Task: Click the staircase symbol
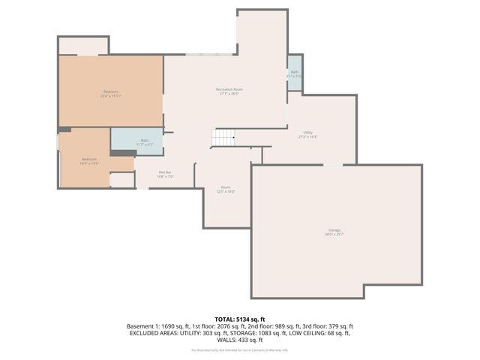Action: click(x=223, y=138)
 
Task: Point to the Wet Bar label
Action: click(x=166, y=175)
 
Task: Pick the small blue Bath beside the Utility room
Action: click(x=295, y=73)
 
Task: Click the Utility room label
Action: click(x=307, y=134)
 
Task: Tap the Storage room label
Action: click(x=334, y=232)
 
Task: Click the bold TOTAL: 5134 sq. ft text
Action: click(x=240, y=319)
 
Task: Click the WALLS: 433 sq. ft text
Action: click(x=240, y=339)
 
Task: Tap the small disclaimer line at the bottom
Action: click(x=240, y=350)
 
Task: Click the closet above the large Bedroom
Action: click(x=83, y=46)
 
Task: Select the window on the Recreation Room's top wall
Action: click(x=209, y=55)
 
